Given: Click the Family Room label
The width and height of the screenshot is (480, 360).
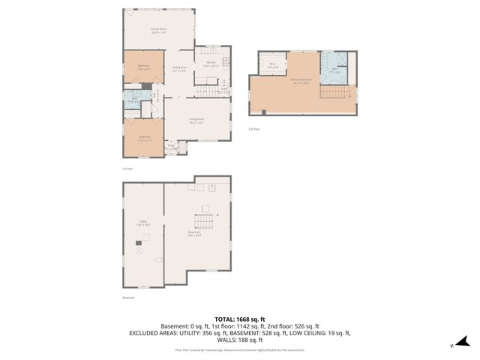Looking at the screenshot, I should [158, 31].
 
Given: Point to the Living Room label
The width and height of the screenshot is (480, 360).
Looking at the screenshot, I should [197, 121].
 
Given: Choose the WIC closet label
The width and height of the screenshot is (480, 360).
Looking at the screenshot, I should [274, 65].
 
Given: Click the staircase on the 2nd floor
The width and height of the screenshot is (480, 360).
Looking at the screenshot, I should [335, 92].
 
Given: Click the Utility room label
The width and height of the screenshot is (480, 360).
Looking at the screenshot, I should [142, 223].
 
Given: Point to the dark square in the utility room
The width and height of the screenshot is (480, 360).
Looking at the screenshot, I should [139, 242].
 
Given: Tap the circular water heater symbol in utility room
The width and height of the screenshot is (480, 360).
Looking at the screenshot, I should [139, 253].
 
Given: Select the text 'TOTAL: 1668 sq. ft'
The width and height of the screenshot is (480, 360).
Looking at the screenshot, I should [240, 319].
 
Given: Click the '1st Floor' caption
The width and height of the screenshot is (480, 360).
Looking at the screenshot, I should [127, 169].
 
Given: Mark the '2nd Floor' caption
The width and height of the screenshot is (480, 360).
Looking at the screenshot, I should [255, 128].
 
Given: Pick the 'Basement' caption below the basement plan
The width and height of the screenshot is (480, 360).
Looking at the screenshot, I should [128, 298].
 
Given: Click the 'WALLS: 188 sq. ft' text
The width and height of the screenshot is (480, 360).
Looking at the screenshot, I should [240, 339].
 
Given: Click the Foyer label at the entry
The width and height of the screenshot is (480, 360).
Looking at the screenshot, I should [171, 148].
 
